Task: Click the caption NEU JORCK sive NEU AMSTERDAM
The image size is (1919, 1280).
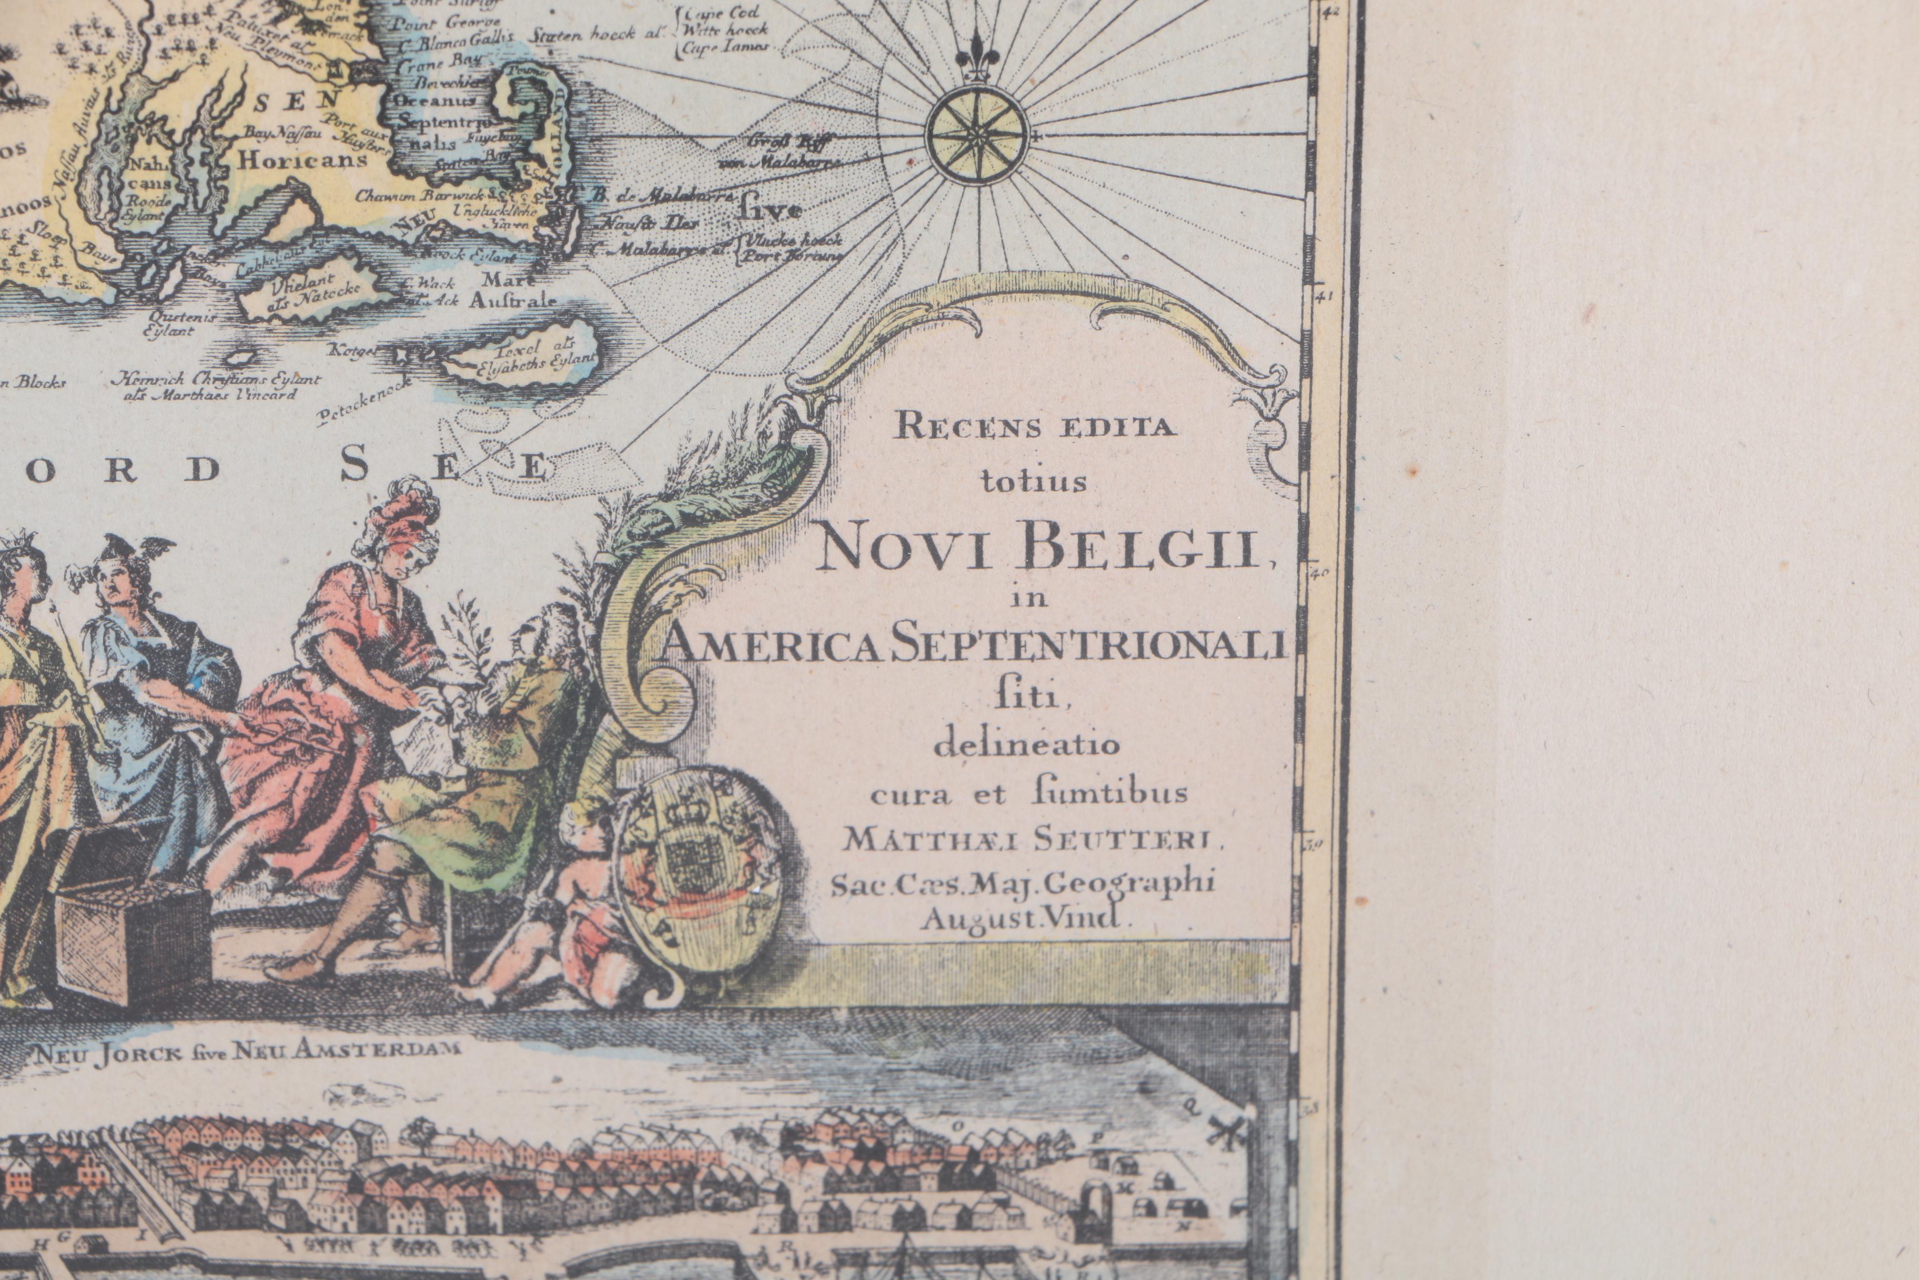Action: point(245,1053)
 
